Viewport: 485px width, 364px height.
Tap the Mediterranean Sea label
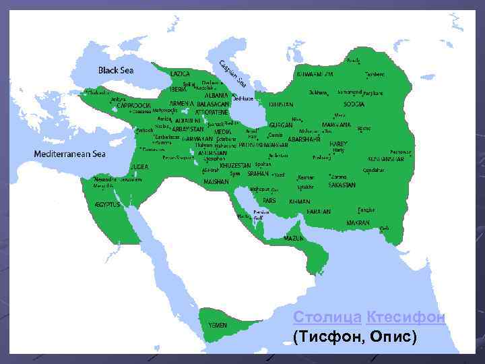pos(70,154)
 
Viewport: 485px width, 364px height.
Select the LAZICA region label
pos(181,73)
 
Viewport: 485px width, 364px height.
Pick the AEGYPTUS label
pos(107,204)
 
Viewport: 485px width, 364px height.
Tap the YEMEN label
pos(217,325)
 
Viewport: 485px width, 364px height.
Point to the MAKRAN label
pos(358,222)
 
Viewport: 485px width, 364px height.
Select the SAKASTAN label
pos(342,184)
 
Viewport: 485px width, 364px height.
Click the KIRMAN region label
pos(300,201)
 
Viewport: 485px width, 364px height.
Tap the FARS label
pos(269,200)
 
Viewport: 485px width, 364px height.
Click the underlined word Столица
pos(327,317)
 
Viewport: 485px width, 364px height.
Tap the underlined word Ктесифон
pos(406,317)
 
